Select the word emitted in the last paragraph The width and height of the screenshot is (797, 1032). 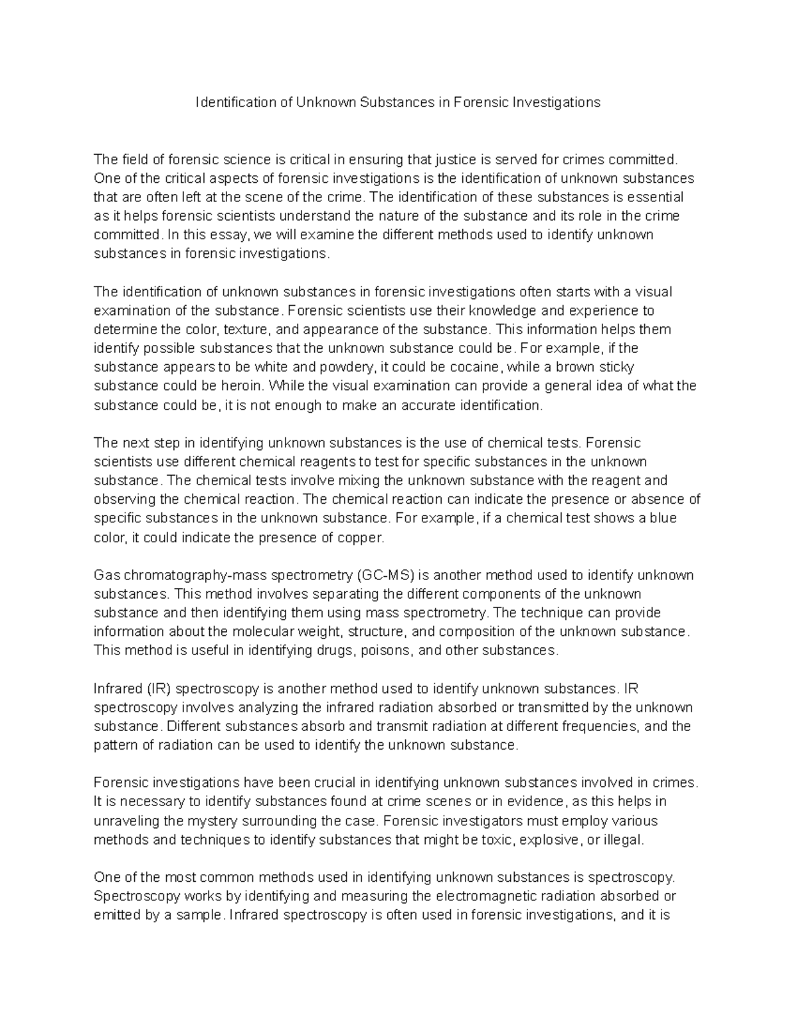(x=116, y=915)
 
